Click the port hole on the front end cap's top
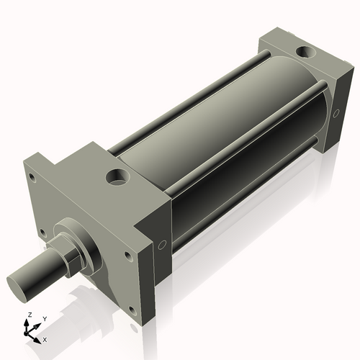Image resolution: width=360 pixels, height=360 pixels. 115,175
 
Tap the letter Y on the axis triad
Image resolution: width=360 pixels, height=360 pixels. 45,318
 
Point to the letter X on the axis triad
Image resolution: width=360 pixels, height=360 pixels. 45,338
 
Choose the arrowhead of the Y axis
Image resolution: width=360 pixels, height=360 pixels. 38,325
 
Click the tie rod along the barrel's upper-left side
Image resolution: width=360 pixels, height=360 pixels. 180,94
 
